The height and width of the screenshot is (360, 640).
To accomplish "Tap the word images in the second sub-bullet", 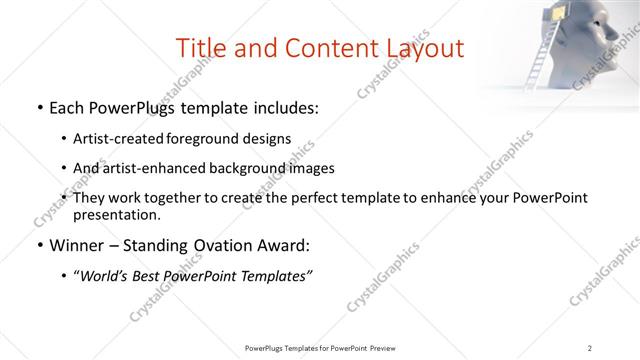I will (308, 168).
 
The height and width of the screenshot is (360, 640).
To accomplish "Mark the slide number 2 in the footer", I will (590, 348).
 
